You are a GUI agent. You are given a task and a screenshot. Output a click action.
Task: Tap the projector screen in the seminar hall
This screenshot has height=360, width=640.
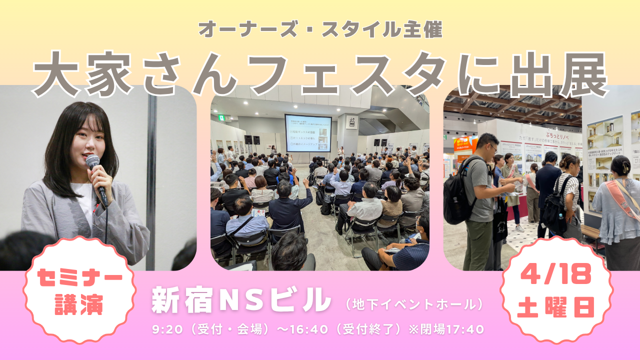tap(308, 133)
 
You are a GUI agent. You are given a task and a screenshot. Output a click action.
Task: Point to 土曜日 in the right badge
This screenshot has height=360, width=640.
tap(556, 306)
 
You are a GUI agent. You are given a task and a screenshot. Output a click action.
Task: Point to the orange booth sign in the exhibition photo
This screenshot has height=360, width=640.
tap(463, 145)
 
